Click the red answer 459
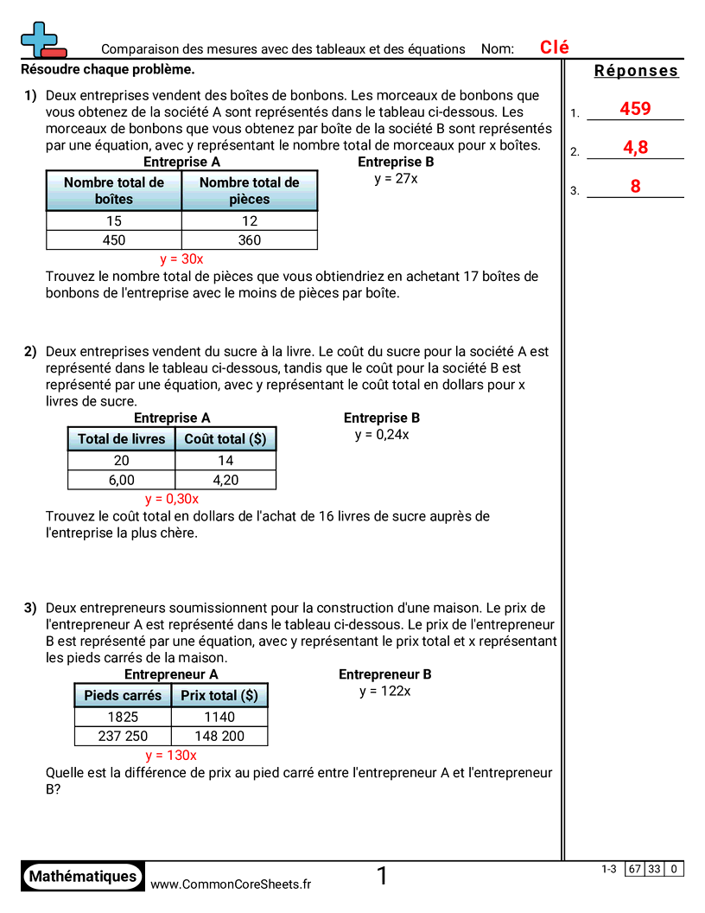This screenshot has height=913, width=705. coord(635,109)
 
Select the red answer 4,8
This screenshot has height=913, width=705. coord(635,148)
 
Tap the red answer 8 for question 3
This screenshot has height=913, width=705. coord(635,186)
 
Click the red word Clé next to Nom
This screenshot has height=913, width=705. coord(555,48)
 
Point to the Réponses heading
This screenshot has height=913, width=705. coord(637,71)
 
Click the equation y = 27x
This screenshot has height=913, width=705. coord(396,178)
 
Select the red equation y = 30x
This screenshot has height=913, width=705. coord(181,259)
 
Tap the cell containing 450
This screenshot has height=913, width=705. coord(114,240)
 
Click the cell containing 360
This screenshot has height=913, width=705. coord(249,240)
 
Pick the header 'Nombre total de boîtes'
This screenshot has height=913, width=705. coord(114,190)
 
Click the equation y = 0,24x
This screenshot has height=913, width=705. coord(381,434)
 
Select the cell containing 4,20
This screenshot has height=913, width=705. coord(225,480)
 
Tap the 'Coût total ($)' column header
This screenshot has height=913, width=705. coord(225,439)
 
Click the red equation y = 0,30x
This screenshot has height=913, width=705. coord(172,498)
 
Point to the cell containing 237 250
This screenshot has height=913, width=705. coord(123,736)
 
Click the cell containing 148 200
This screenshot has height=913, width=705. coord(219,736)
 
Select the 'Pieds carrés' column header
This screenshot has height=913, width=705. coord(123,695)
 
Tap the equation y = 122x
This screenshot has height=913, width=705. coord(384,691)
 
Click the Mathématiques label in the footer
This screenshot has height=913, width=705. coord(83,876)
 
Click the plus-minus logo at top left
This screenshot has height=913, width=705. coord(41,40)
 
